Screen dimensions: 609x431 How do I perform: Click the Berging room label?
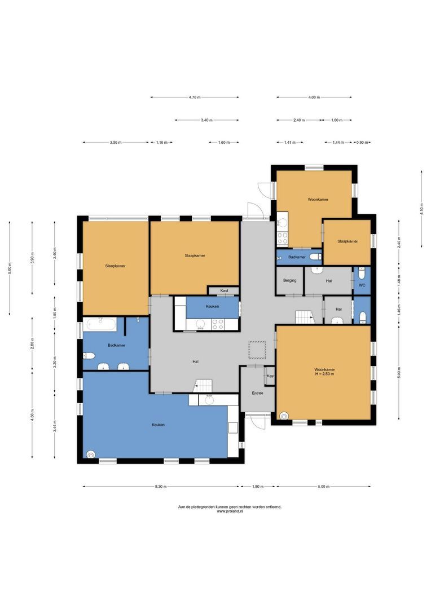coord(290,280)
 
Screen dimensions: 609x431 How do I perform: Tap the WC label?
coord(362,285)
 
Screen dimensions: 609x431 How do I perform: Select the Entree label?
coord(257,393)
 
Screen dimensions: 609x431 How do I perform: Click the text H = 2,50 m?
coord(324,374)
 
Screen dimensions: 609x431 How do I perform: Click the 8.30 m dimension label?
coord(161,487)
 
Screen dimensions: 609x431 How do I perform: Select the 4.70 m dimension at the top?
coord(195,98)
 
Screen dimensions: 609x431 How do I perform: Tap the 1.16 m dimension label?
coord(161,143)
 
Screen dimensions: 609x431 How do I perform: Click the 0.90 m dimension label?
coord(362,143)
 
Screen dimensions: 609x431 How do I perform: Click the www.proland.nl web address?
coord(230,512)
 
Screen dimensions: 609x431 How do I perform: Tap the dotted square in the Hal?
coord(257,350)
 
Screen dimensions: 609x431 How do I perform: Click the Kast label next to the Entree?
coord(270,376)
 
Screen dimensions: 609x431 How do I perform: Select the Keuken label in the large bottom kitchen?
coord(158,425)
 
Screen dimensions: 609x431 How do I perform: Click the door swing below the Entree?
coord(257,421)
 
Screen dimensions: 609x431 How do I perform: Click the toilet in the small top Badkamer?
coord(315,257)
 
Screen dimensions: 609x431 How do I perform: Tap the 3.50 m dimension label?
coord(116,143)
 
